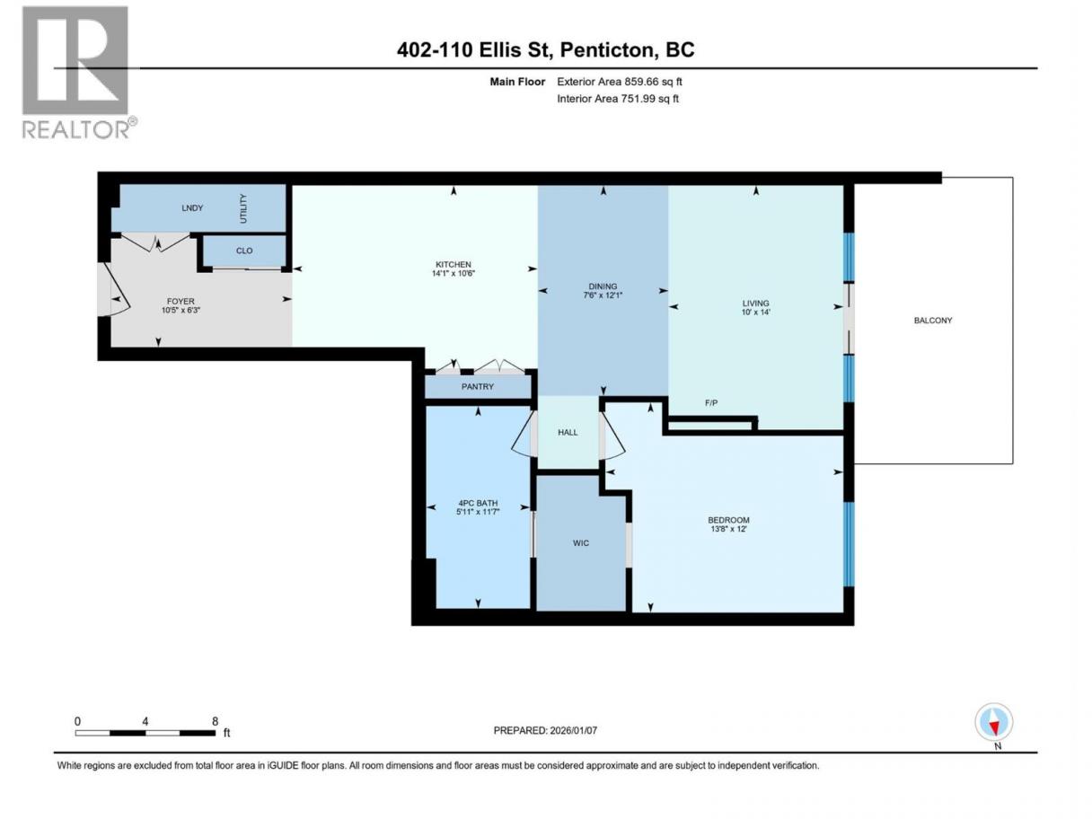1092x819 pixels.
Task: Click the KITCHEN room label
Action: (453, 265)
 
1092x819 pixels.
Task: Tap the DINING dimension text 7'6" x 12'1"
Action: (603, 295)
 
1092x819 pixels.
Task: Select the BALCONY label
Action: (933, 321)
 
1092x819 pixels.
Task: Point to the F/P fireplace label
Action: (711, 403)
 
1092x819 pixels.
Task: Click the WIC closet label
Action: (581, 543)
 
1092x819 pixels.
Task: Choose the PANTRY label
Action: (477, 386)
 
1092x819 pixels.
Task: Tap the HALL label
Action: (568, 433)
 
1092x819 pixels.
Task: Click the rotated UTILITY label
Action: (243, 208)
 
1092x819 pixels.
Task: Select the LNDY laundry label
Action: (192, 207)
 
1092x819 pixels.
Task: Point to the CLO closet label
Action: (243, 251)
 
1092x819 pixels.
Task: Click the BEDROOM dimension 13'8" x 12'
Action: (729, 529)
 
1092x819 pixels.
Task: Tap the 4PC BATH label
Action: (478, 503)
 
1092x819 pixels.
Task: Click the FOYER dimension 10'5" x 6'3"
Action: (181, 311)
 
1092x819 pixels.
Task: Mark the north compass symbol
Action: (993, 722)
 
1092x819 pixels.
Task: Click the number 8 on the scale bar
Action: (215, 721)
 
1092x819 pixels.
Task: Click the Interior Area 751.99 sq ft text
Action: (617, 99)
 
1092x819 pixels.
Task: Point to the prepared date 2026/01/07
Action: (573, 730)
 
